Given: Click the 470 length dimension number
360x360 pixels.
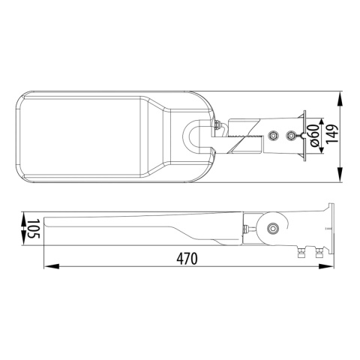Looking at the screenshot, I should point(187,259).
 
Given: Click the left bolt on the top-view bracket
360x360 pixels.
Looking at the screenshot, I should point(273,136).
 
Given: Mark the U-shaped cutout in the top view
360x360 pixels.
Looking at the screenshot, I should point(196,137).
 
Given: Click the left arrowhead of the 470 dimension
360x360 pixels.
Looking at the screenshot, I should point(46,265).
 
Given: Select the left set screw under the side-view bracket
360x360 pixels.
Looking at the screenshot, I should point(302,253).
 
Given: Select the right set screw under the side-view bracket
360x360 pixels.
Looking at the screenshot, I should point(319,253).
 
